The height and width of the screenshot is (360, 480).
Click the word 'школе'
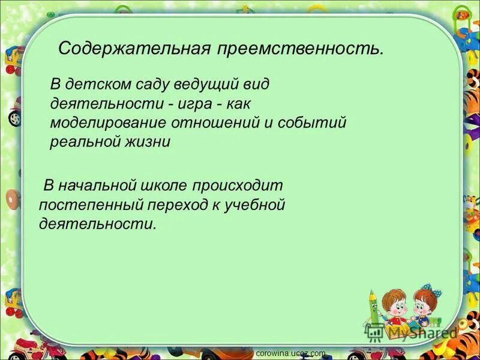point(161,185)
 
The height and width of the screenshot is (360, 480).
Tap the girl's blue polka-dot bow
point(428,292)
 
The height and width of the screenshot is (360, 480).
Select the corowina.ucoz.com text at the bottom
point(290,353)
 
